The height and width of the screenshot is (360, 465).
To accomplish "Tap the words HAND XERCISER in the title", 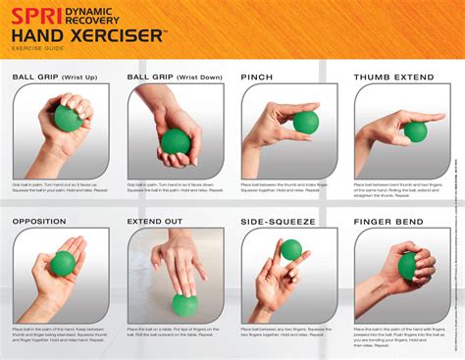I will point(87,35).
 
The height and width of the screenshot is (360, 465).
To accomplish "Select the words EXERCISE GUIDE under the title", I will point(37,48).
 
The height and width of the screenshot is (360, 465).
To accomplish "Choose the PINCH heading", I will point(258,77).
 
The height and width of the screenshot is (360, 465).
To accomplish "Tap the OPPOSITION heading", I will point(39,221).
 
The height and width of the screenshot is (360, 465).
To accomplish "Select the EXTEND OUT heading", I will point(155,221).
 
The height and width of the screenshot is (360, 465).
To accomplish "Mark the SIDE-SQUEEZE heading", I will point(276,221).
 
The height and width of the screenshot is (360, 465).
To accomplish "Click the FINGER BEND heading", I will point(390,221).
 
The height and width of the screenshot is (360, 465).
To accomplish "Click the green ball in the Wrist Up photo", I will point(68,119).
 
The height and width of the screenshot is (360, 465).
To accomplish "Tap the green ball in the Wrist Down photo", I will point(176,141).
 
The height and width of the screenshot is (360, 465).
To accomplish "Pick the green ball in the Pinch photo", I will point(306,122).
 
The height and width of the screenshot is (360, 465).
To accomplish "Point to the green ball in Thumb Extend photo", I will point(415,131).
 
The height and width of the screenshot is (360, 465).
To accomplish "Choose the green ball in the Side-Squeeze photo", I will point(291,250).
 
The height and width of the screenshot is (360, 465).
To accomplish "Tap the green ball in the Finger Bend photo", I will point(408,266).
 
